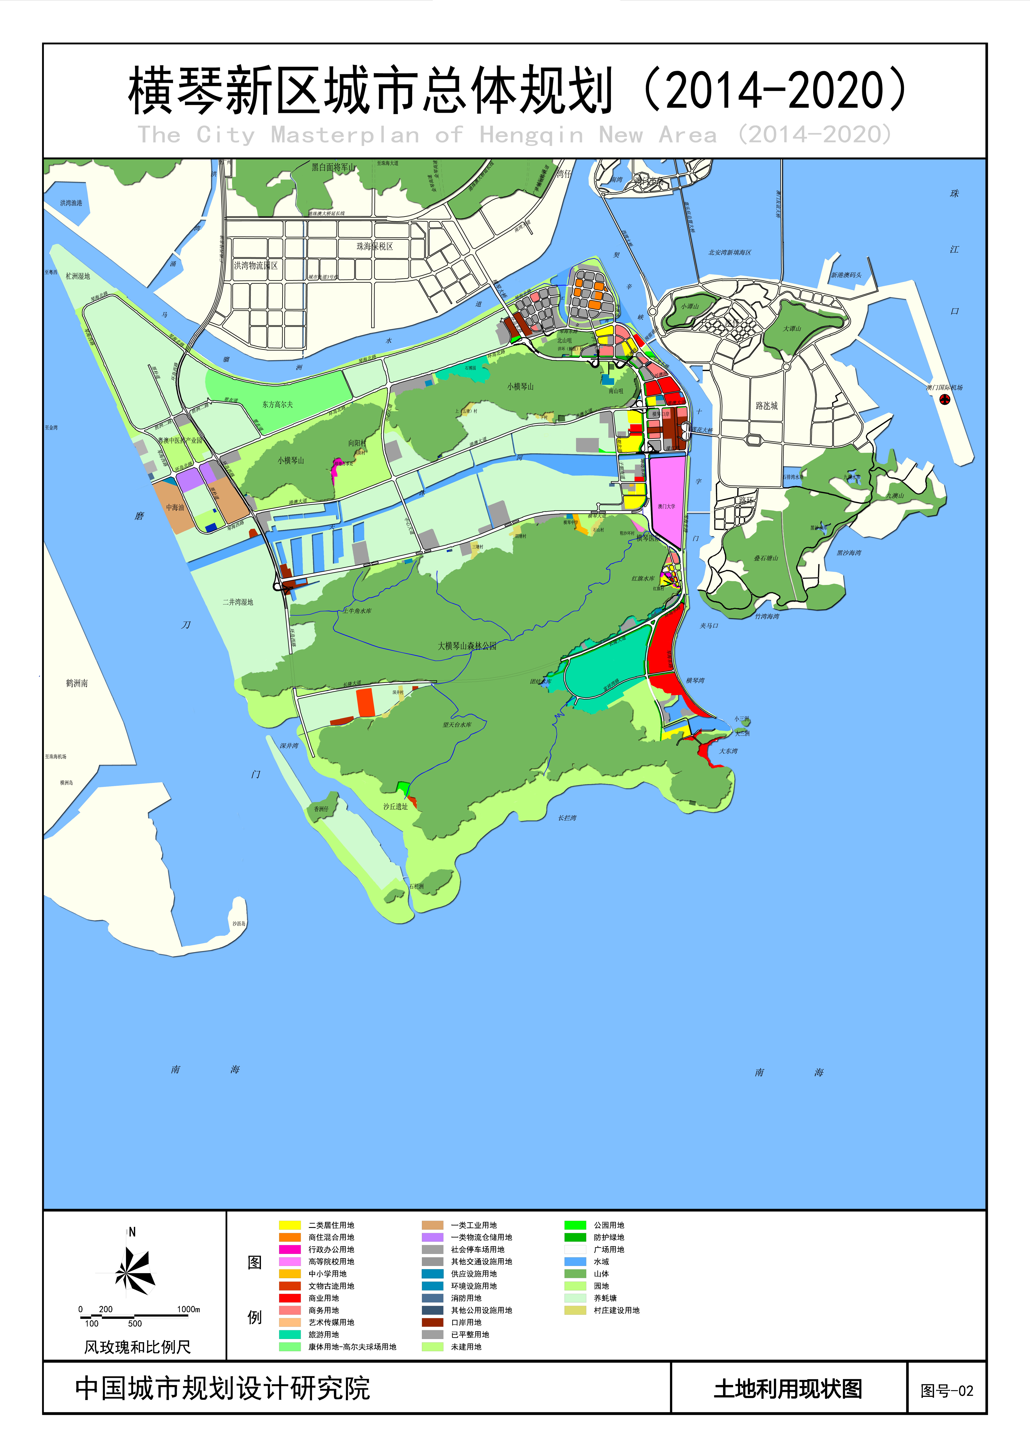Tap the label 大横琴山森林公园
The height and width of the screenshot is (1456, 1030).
(x=467, y=646)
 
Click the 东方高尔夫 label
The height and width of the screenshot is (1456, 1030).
(x=278, y=404)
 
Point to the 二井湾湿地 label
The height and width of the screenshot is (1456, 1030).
(x=238, y=602)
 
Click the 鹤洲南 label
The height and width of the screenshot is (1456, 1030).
(x=77, y=683)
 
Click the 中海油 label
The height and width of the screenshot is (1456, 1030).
(x=175, y=507)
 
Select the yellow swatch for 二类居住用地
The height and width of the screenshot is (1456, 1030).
(x=290, y=1225)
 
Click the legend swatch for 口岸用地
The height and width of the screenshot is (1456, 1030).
(x=433, y=1322)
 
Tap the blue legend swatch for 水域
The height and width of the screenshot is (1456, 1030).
(x=575, y=1261)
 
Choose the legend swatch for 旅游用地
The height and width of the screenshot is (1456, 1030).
(x=290, y=1334)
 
